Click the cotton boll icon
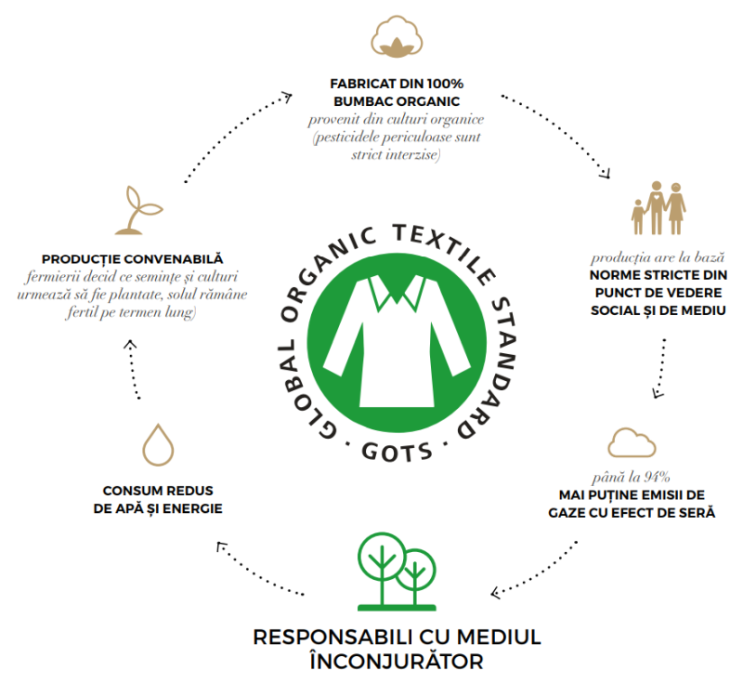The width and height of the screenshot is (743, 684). [x=397, y=36]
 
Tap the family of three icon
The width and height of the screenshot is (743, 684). [x=658, y=208]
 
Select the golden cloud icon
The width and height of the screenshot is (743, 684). [x=632, y=442]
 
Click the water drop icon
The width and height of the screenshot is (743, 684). [x=158, y=444]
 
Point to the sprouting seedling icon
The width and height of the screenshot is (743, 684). [x=138, y=210]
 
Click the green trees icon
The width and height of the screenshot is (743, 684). [x=397, y=572]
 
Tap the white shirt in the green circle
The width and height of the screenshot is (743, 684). [x=398, y=341]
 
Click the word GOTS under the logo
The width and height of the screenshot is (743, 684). [x=398, y=452]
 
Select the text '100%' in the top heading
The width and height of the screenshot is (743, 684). [x=445, y=84]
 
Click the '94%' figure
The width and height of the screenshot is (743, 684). [x=657, y=477]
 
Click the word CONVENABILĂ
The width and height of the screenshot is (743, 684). [x=174, y=258]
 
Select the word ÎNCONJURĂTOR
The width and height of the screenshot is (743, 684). [x=397, y=661]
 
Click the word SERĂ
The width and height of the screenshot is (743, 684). [x=699, y=512]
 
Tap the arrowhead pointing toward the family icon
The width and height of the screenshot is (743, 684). [x=606, y=174]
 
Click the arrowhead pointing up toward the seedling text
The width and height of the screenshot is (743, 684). [x=130, y=344]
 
